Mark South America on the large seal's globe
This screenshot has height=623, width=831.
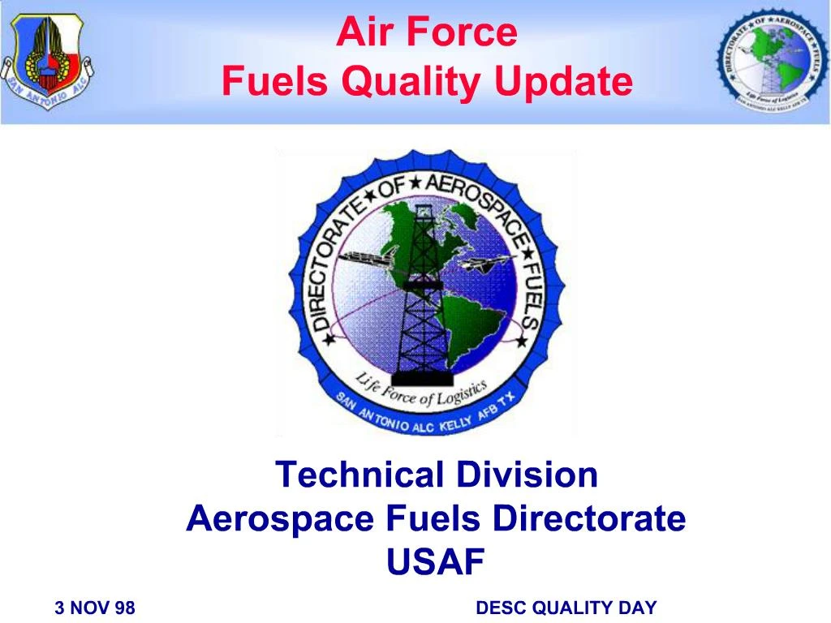(467, 324)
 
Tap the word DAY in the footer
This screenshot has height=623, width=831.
(638, 608)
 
